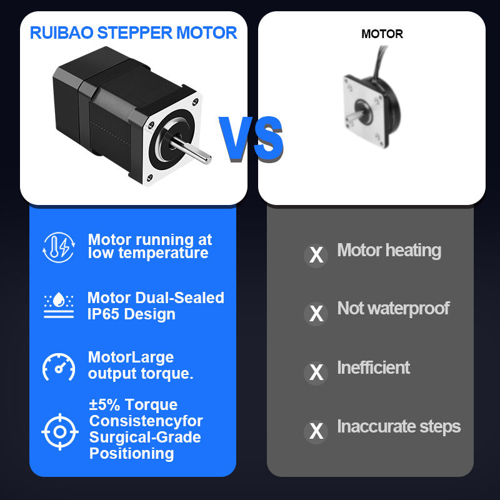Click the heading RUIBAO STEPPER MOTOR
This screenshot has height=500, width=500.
click(x=134, y=32)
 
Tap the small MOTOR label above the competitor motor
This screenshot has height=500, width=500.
click(x=382, y=34)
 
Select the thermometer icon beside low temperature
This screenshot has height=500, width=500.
click(x=59, y=246)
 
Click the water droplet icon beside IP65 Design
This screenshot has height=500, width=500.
click(x=59, y=306)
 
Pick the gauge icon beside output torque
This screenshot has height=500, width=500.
click(x=59, y=366)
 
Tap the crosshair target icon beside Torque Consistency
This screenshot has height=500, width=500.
click(x=59, y=431)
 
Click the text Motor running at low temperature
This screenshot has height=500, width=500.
click(x=149, y=246)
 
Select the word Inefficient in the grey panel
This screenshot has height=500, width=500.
click(x=373, y=367)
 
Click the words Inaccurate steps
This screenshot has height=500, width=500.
click(x=399, y=427)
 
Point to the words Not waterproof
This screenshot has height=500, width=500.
click(x=393, y=308)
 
